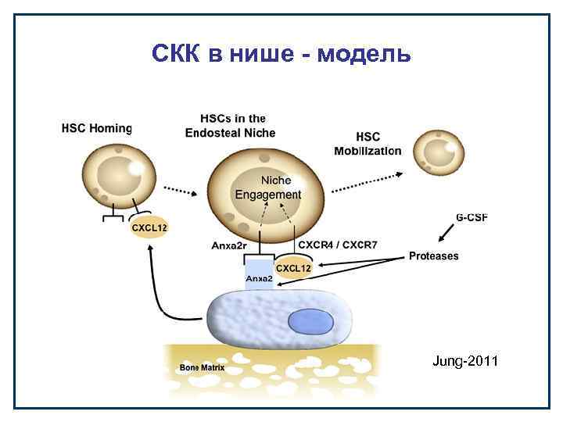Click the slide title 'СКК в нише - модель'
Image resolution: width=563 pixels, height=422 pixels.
(281, 54)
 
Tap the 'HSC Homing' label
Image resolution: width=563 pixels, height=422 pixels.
(97, 128)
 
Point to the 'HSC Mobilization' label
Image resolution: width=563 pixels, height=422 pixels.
(368, 144)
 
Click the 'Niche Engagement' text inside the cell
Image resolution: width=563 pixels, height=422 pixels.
(267, 188)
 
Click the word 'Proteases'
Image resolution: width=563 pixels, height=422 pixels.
(434, 256)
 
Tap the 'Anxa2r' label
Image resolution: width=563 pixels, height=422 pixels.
(230, 245)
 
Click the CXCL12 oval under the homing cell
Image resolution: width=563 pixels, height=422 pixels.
(149, 227)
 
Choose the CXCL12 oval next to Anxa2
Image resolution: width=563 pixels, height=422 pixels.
(293, 268)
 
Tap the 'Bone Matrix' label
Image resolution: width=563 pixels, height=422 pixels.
(203, 367)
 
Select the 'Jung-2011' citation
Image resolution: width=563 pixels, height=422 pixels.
(465, 361)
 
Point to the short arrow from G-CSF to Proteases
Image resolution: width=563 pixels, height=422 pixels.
(448, 233)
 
